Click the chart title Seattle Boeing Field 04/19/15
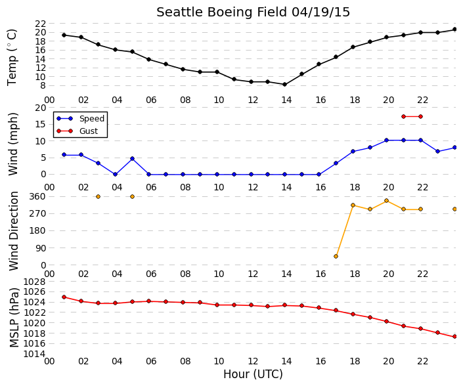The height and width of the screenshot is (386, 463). point(253,12)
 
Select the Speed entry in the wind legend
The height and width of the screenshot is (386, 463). point(80,119)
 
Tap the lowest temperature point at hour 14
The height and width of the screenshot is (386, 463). point(284,85)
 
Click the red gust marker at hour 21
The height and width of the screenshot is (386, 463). point(404,117)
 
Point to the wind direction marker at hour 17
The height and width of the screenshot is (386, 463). point(336,256)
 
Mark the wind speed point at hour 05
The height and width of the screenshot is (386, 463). point(132,158)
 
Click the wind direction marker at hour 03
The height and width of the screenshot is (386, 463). point(99,196)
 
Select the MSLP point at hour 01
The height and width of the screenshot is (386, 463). point(64,297)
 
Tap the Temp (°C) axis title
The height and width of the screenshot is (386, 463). point(12,58)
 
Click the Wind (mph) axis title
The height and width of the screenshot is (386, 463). point(13,144)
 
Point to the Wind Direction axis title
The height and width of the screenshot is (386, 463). point(14,231)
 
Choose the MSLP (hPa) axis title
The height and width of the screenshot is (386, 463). point(14,317)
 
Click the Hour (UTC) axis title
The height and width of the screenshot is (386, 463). point(253,374)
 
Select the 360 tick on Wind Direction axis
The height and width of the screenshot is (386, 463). point(38,196)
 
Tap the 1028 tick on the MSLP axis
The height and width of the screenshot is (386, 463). point(35,282)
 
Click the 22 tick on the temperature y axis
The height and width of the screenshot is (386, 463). point(41,24)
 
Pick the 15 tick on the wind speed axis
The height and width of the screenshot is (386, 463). point(41,124)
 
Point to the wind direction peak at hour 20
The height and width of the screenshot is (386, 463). point(387,201)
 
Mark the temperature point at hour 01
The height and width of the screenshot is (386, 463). point(64,35)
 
